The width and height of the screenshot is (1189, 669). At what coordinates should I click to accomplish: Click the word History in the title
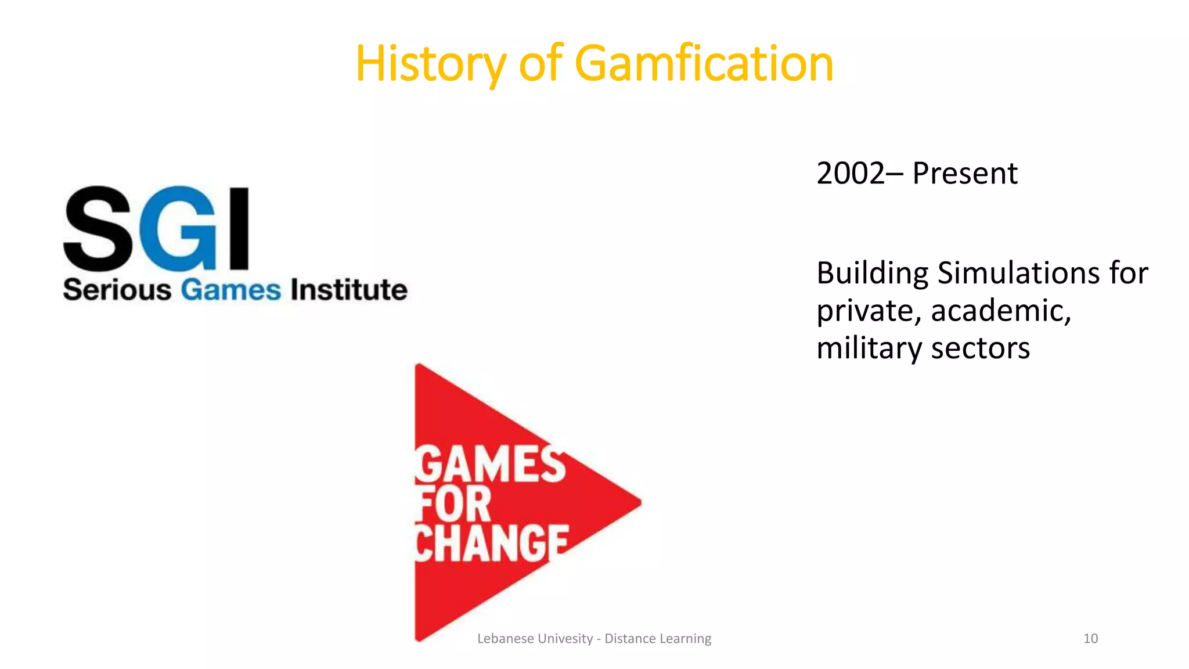tap(430, 63)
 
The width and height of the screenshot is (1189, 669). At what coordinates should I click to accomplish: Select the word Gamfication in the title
tap(704, 63)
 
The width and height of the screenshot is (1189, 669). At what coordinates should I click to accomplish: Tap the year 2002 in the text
tap(850, 173)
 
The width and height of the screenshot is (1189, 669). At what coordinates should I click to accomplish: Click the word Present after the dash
tap(964, 173)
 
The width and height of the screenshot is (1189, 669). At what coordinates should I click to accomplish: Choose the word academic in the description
tap(1001, 311)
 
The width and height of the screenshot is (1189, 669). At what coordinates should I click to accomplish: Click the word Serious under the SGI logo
tap(117, 290)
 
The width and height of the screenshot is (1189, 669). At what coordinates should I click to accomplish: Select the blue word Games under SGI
tap(230, 290)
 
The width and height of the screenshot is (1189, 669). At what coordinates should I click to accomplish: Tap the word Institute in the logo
tap(349, 290)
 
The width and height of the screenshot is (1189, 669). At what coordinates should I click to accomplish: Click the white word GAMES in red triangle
tap(490, 465)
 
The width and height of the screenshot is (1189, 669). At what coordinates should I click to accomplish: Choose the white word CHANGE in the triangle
tap(491, 544)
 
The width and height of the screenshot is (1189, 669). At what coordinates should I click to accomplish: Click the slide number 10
tap(1090, 639)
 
